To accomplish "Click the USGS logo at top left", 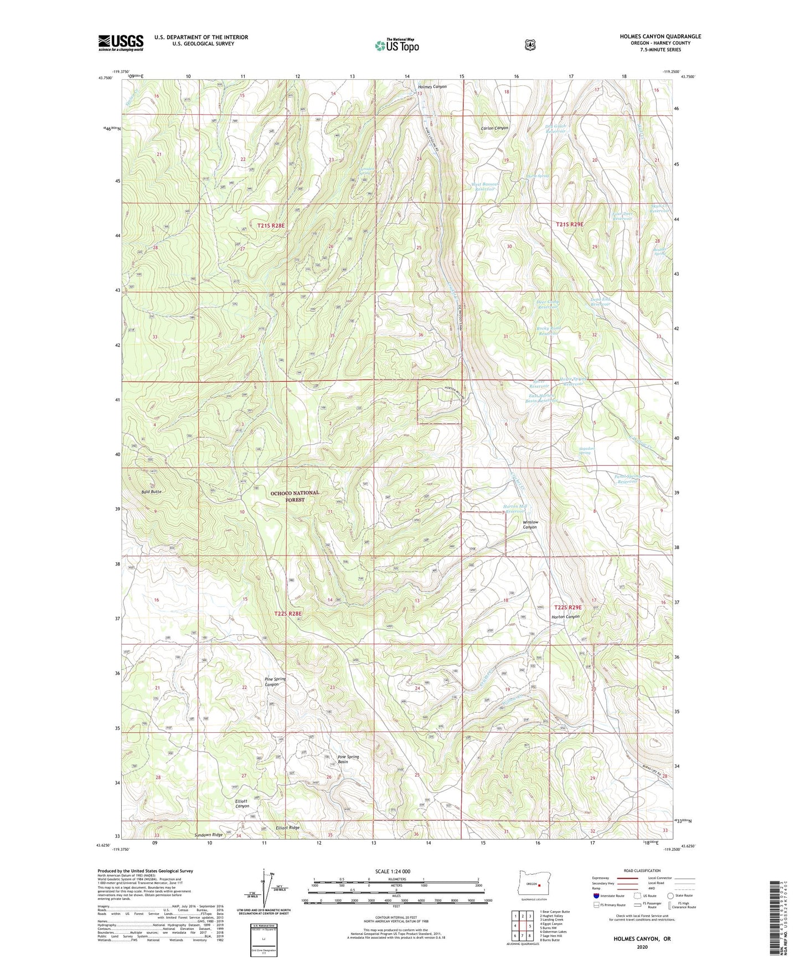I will point(121,43).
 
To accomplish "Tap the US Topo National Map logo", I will point(396,45).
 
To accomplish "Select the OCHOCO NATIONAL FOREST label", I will point(295,496).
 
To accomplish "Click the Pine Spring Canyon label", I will point(275,682).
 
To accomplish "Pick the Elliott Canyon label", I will point(242,804).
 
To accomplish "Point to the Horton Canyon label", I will point(565,616).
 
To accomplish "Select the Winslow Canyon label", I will point(530,524).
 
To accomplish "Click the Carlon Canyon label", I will point(494,128).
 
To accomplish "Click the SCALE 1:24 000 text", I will point(393,871).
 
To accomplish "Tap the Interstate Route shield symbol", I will point(596,895).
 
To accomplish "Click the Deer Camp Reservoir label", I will point(548,304).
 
